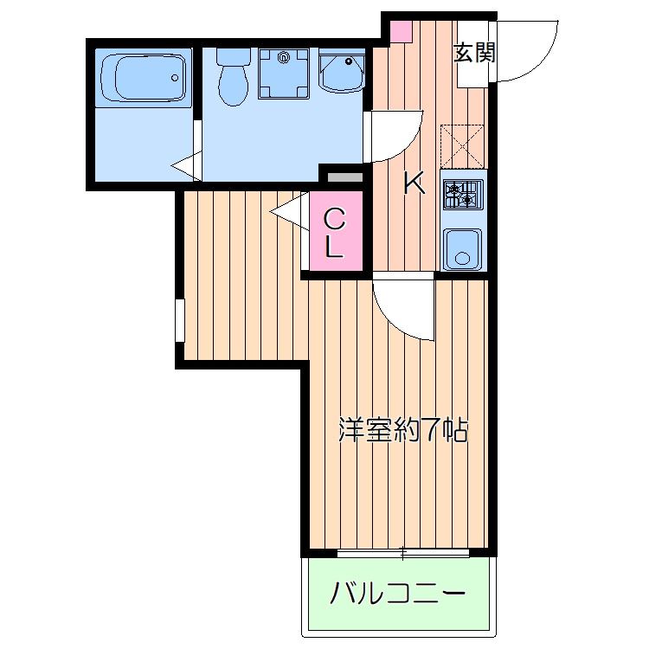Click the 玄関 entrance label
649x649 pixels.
tap(475, 54)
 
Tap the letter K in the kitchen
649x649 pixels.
tap(414, 183)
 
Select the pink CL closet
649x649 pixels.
tap(335, 233)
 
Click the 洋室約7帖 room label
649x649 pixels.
tap(402, 429)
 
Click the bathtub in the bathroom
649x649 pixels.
tap(144, 79)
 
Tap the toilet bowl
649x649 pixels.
tap(233, 79)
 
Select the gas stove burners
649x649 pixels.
tap(463, 194)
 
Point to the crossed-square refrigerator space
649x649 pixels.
tap(462, 145)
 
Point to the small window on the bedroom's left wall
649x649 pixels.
tap(179, 320)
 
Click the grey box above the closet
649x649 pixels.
tap(344, 177)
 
